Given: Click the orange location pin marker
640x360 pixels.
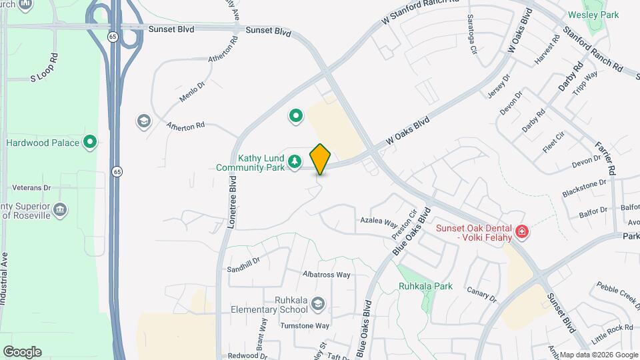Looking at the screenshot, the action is [x=321, y=159].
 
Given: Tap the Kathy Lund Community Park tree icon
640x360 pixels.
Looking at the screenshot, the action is [x=294, y=161].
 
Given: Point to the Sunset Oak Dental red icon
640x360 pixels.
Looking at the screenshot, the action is [x=523, y=233].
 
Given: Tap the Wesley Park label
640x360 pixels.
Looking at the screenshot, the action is [x=593, y=15].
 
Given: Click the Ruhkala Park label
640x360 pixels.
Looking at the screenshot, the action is [x=425, y=286].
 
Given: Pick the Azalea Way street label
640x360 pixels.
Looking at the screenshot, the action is [x=379, y=221].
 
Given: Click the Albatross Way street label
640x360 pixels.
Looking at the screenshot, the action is [x=326, y=274].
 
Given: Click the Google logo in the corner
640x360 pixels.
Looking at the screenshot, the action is [x=22, y=352].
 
